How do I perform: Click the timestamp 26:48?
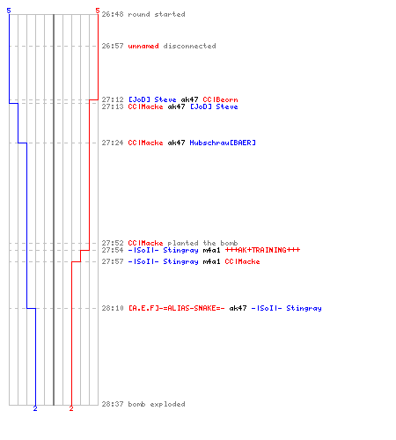(x=113, y=14)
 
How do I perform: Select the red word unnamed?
(x=143, y=46)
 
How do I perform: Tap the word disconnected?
(x=189, y=46)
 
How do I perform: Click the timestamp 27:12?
(x=113, y=99)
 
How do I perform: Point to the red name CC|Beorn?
(x=220, y=99)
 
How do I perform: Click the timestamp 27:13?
(x=113, y=106)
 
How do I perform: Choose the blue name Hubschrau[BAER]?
(x=223, y=143)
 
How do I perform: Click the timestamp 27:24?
(x=113, y=143)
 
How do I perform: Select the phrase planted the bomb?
(x=202, y=243)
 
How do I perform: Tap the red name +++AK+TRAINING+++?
(x=262, y=250)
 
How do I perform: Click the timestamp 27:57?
(x=113, y=261)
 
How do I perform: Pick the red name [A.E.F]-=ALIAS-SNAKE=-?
(x=177, y=308)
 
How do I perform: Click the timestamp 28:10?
(x=113, y=308)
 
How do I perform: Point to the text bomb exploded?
(x=157, y=404)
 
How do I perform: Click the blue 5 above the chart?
(x=9, y=11)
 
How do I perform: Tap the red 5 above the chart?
(x=98, y=11)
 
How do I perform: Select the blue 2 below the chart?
(x=35, y=408)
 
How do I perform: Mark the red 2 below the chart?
(x=71, y=408)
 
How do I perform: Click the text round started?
(x=157, y=14)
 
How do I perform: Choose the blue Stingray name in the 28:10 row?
(x=304, y=308)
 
